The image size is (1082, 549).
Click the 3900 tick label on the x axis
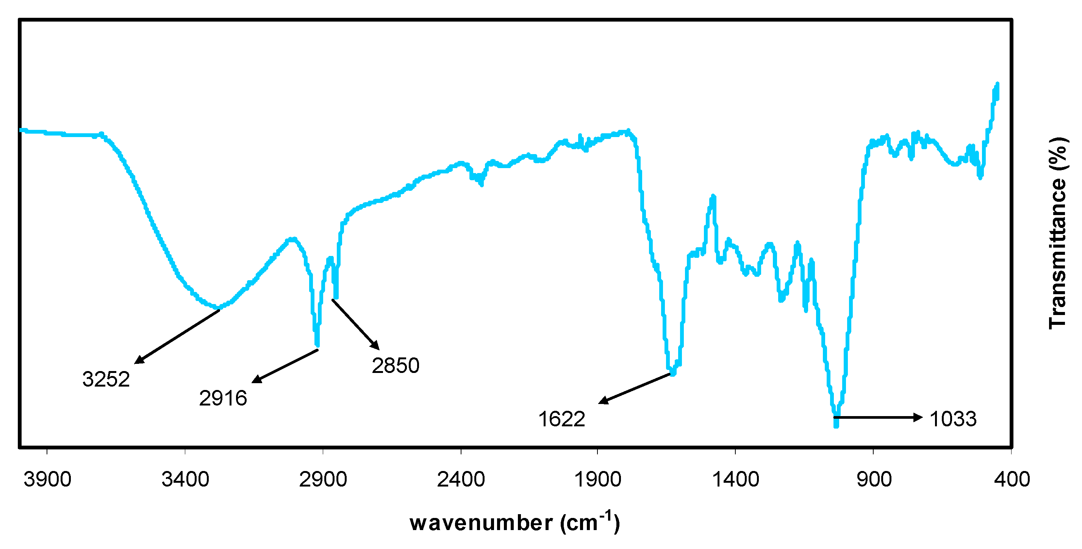[x=47, y=479]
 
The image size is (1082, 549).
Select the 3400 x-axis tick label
[x=185, y=479]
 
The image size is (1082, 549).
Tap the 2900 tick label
[x=323, y=479]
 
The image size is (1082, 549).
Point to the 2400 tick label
[x=461, y=479]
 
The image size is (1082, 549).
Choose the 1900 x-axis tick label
[x=597, y=479]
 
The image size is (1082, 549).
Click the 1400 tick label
[x=735, y=479]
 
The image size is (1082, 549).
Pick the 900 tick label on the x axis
[x=874, y=479]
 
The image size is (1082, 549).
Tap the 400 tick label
[x=1012, y=479]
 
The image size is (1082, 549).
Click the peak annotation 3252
[x=106, y=379]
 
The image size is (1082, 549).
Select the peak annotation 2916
[x=223, y=398]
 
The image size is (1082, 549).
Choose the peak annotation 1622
[x=561, y=419]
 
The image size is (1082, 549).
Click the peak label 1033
[x=953, y=419]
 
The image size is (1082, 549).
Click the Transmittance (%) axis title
[x=1058, y=233]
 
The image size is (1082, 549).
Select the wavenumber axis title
[x=514, y=523]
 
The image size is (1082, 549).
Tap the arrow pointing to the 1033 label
[x=878, y=417]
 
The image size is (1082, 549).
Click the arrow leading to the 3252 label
[x=177, y=337]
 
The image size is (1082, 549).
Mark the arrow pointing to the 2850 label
[x=355, y=324]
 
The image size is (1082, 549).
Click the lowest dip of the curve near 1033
[x=836, y=425]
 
